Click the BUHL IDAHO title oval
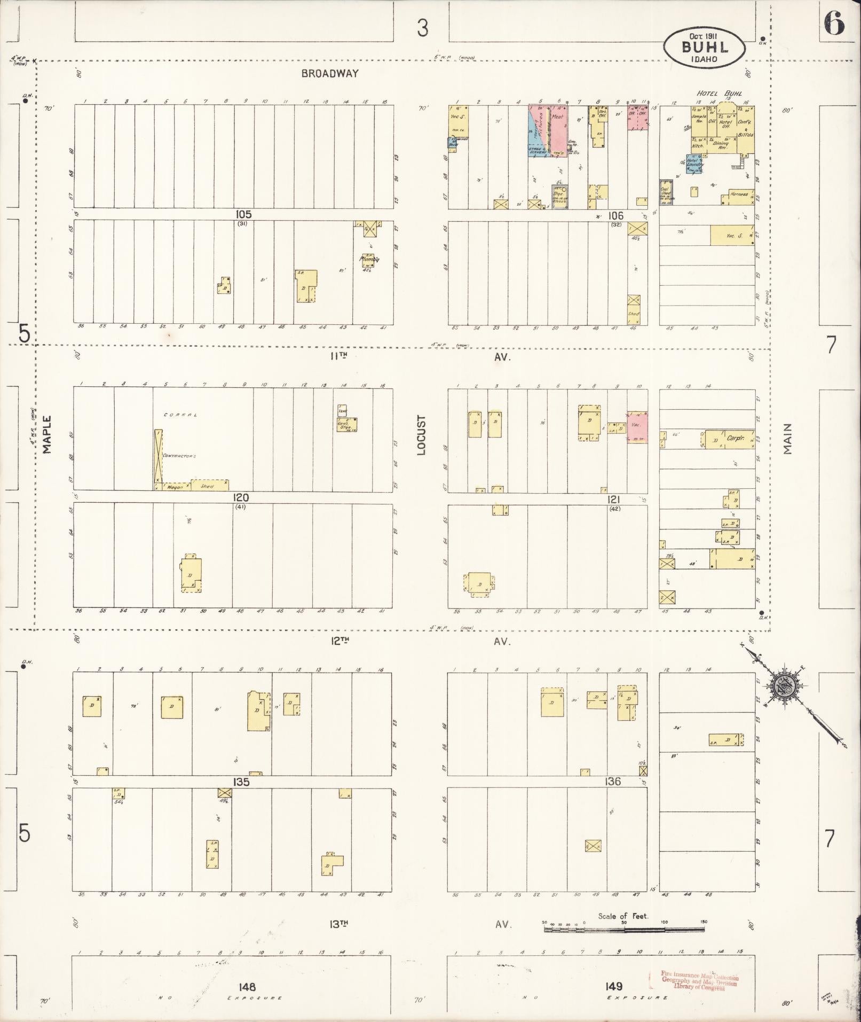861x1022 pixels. [x=705, y=48]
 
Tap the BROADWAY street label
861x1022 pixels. [x=330, y=74]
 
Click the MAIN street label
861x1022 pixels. [x=787, y=439]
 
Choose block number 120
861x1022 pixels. [x=241, y=497]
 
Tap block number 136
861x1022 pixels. [x=613, y=781]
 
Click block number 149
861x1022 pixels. [x=614, y=986]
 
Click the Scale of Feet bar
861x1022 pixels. [x=625, y=930]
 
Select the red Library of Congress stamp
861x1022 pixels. [x=694, y=980]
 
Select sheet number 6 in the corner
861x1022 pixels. [x=834, y=23]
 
